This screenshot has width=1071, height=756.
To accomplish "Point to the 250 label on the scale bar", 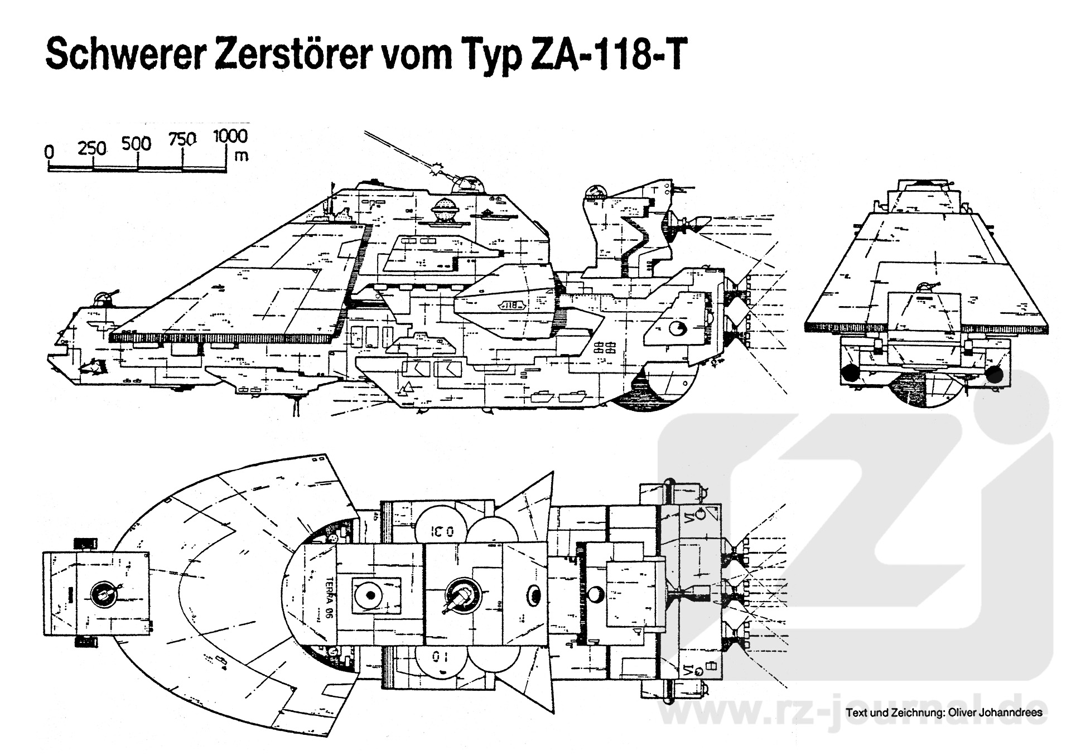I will [91, 148].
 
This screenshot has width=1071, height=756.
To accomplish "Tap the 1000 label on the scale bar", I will [230, 136].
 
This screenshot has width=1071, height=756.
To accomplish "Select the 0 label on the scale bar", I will [50, 152].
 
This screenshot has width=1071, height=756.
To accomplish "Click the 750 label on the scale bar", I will [182, 139].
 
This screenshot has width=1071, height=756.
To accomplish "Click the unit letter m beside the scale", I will [241, 156].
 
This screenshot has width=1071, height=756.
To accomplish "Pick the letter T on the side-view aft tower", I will [653, 190].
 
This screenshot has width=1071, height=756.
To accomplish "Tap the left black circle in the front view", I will [851, 375].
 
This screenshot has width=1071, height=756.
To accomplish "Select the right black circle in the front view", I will [994, 375].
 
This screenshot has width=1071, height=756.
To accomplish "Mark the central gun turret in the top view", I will [461, 595].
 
